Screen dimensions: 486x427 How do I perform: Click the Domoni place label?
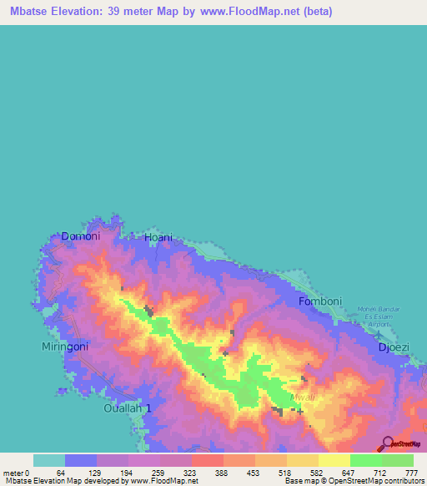[80, 237]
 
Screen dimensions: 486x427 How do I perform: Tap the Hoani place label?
[158, 238]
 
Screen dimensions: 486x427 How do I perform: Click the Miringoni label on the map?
[65, 346]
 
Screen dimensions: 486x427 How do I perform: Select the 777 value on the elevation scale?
[409, 473]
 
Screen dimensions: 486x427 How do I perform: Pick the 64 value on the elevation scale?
[61, 473]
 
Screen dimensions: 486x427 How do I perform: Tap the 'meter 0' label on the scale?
[17, 473]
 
